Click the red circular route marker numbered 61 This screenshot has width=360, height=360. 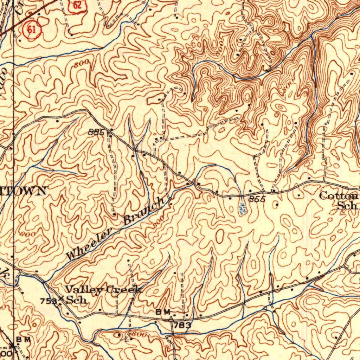coord(32,30)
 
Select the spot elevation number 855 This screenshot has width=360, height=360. coord(256,199)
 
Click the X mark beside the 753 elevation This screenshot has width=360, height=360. coord(61,299)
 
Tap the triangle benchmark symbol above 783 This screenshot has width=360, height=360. coord(171,319)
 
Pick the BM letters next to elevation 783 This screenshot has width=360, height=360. coord(163,312)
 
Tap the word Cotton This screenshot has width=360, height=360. coord(339,196)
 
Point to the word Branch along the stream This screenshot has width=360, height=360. coord(144,211)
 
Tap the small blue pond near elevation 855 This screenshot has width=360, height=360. coord(242,208)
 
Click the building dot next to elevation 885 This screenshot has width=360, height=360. coord(111,129)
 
